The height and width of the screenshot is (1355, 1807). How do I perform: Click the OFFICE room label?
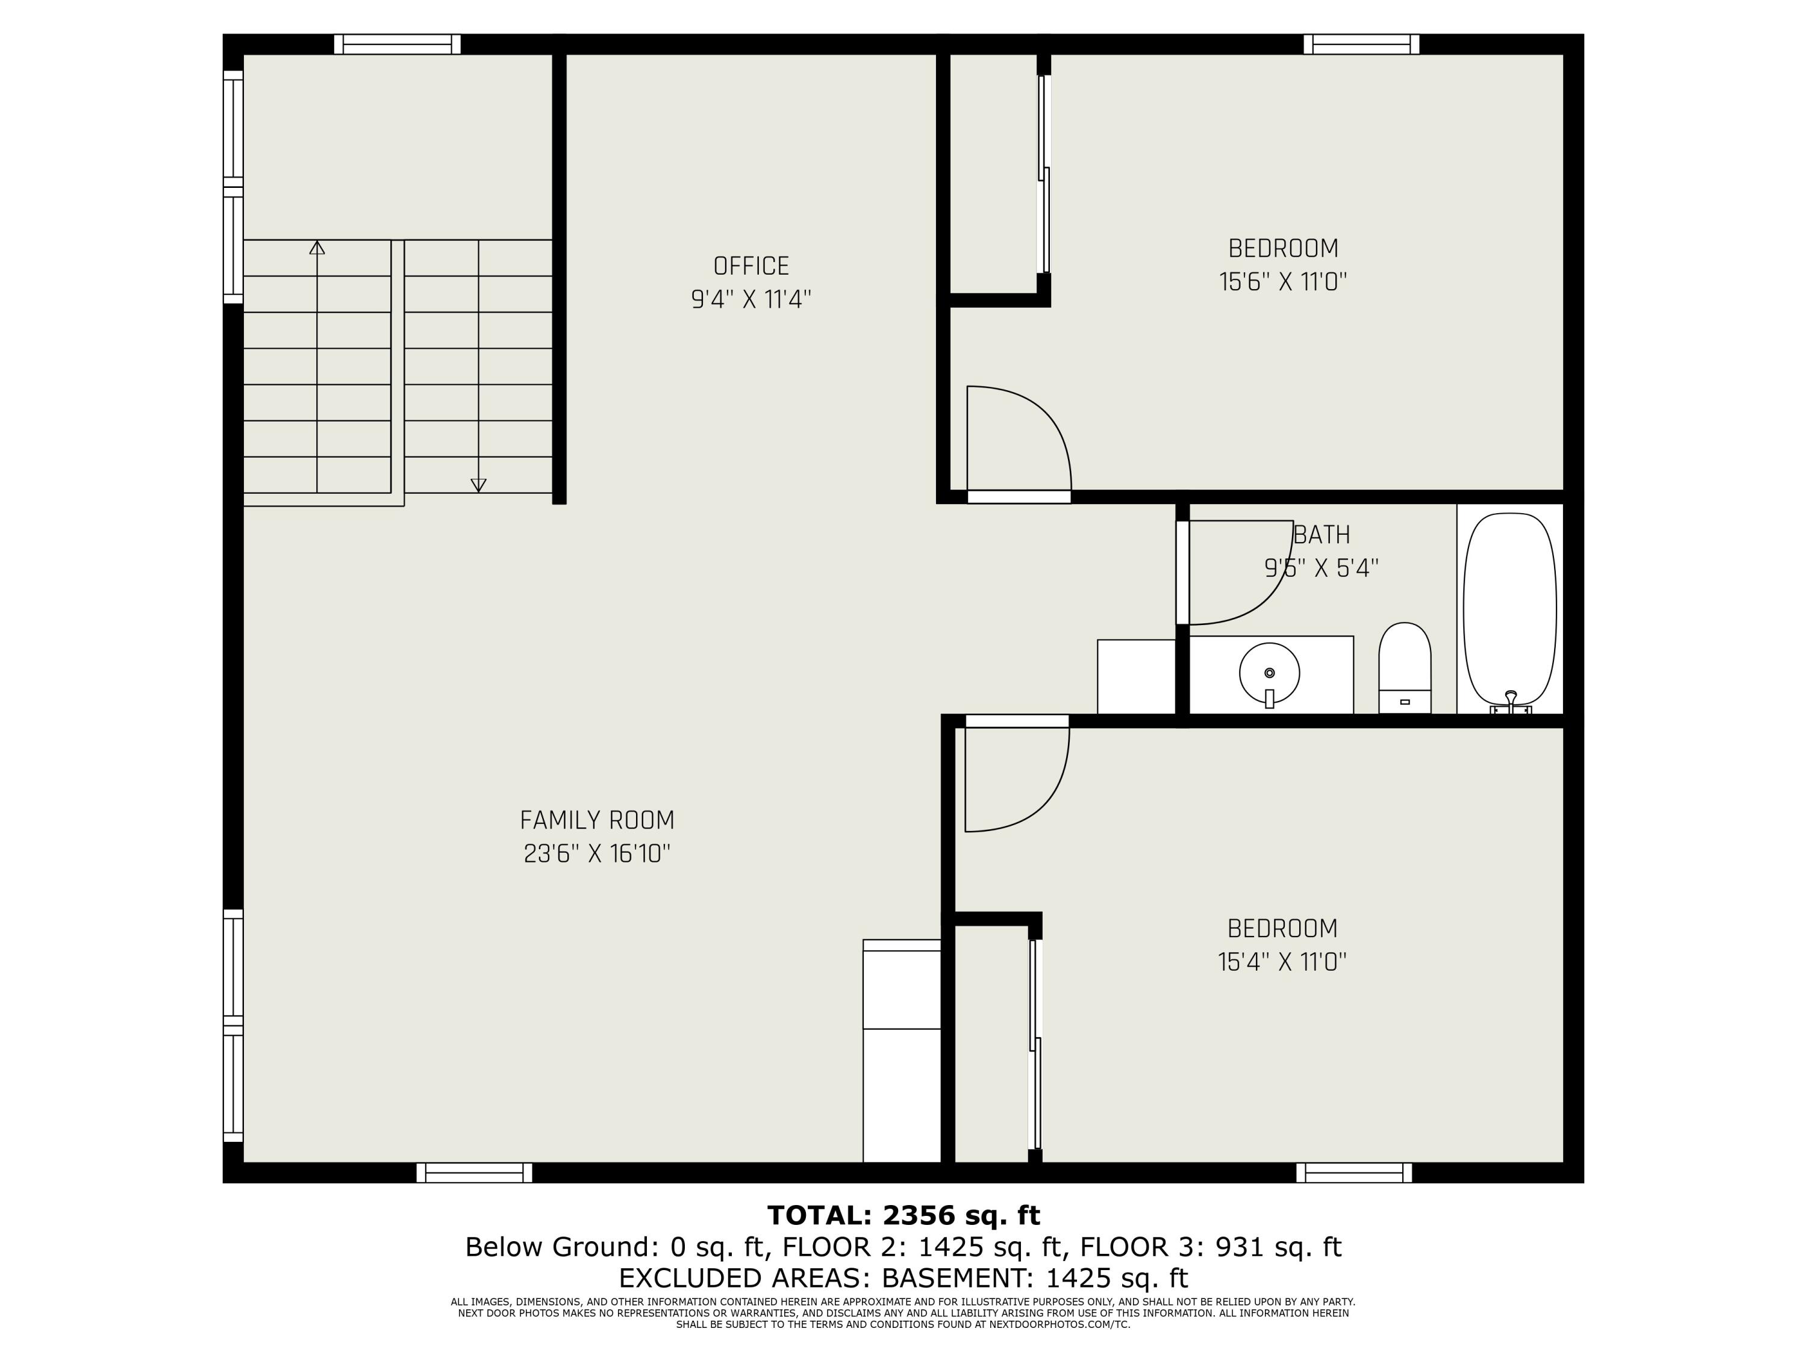[x=751, y=266]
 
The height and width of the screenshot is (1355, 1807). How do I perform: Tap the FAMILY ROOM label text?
[x=597, y=820]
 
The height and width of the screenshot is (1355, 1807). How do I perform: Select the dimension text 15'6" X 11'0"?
[x=1282, y=282]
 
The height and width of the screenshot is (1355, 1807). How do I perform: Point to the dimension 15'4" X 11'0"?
[x=1282, y=962]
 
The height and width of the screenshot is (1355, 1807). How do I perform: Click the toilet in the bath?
[x=1404, y=668]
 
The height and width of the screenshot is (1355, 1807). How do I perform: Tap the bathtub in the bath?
[x=1509, y=608]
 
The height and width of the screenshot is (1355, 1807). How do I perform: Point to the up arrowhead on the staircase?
[x=317, y=248]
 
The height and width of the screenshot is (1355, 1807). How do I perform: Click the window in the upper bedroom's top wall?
[x=1361, y=44]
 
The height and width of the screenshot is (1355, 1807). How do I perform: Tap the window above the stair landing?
[x=397, y=44]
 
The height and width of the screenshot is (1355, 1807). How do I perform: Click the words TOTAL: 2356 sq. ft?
[x=903, y=1215]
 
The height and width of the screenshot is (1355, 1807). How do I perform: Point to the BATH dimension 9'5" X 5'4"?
[x=1321, y=568]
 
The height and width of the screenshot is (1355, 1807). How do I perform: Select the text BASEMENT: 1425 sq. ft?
[x=1034, y=1277]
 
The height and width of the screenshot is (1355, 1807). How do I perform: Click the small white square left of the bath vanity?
[x=1135, y=676]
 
